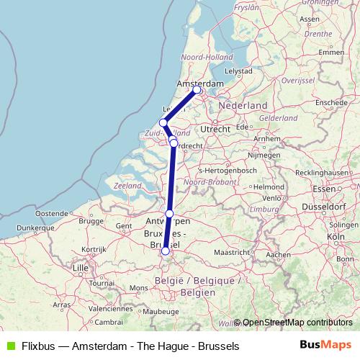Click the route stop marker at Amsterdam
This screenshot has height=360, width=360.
point(197,90)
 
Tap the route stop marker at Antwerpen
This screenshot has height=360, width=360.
point(169,214)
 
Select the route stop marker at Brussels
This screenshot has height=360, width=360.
point(166,251)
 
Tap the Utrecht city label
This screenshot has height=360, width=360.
point(215,128)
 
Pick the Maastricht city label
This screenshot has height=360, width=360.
point(233,253)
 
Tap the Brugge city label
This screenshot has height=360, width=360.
point(92,222)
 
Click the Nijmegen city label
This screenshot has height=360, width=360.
point(263,154)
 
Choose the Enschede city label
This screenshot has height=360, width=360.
point(330,102)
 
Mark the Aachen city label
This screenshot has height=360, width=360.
point(277,254)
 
